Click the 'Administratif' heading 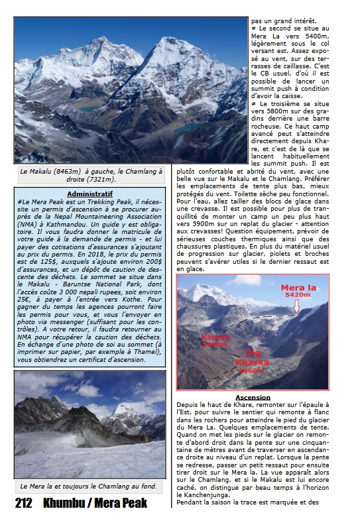pyautogui.click(x=89, y=194)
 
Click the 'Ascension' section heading pyautogui.click(x=253, y=397)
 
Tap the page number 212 pyautogui.click(x=24, y=504)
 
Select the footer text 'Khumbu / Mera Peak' pyautogui.click(x=95, y=504)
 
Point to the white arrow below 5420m pyautogui.click(x=296, y=306)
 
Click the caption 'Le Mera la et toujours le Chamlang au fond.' pyautogui.click(x=88, y=487)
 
